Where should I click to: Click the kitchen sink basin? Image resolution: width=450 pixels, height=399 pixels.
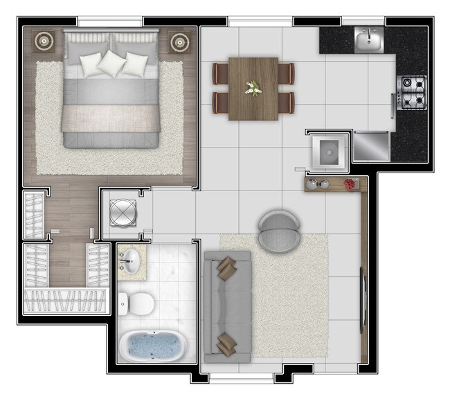tap(369, 41)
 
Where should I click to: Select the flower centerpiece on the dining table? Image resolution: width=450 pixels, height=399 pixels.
tap(253, 87)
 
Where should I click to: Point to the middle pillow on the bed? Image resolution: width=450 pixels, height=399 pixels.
tap(111, 63)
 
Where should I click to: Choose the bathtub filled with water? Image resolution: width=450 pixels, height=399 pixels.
tap(152, 346)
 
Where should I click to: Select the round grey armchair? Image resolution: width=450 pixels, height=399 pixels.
tap(280, 231)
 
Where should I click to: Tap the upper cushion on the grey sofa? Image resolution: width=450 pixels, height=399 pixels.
tap(225, 267)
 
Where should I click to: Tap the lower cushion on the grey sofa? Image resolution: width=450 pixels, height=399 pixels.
tap(226, 343)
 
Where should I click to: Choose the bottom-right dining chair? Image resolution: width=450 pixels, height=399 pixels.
tap(286, 102)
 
